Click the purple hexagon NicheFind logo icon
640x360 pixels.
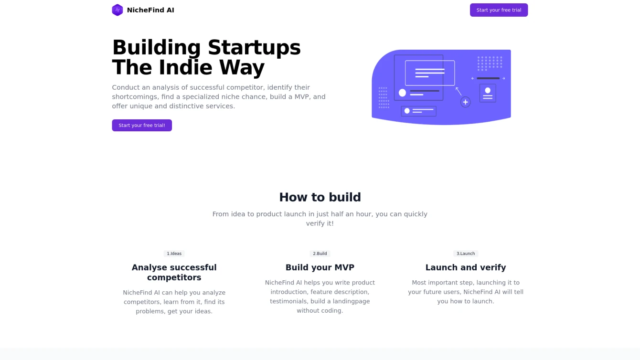[117, 10]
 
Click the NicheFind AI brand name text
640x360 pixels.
[150, 10]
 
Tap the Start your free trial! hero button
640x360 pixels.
[142, 126]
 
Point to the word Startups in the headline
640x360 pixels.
[254, 48]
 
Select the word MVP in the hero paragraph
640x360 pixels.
[302, 97]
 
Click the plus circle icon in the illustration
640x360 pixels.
[465, 102]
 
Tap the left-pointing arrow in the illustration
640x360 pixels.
[472, 78]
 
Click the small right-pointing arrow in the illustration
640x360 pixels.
[504, 78]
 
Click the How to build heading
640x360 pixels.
[320, 197]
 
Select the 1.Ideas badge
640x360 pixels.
[174, 254]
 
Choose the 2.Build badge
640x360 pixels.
[320, 254]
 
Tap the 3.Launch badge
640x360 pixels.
[466, 254]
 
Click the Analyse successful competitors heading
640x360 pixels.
[174, 272]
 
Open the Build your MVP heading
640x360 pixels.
[320, 267]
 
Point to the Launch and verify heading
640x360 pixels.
[466, 267]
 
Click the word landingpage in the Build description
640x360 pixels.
[351, 301]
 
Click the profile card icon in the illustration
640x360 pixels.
[488, 93]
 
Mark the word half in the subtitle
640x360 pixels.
[337, 214]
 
